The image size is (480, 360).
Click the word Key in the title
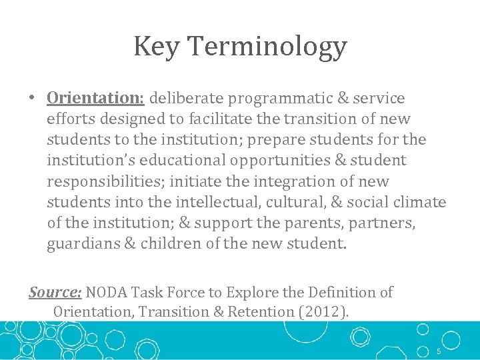(157, 47)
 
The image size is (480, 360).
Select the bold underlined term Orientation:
(95, 98)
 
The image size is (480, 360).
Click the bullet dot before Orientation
(32, 99)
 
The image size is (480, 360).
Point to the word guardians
(84, 244)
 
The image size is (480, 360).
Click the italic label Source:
(55, 292)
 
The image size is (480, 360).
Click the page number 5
(439, 351)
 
